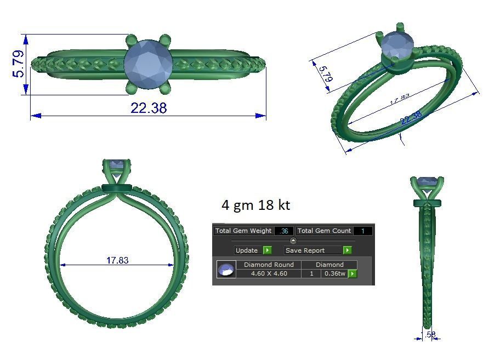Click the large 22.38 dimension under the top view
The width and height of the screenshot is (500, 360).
click(149, 108)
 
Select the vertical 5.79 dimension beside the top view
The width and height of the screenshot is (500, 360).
click(18, 64)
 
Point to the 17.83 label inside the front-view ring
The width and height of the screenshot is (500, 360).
click(117, 260)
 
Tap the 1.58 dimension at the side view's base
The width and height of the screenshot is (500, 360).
click(428, 334)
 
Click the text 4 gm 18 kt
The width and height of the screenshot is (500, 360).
click(255, 205)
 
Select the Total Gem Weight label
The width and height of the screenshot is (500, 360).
click(243, 231)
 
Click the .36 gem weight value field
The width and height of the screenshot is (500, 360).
click(284, 231)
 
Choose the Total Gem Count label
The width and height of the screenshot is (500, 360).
click(324, 231)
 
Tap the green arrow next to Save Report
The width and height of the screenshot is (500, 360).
click(347, 250)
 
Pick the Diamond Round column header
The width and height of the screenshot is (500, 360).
click(269, 265)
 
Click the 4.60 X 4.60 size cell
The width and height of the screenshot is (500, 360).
click(269, 273)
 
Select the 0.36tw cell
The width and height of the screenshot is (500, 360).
click(334, 273)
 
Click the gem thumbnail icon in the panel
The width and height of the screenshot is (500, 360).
click(226, 270)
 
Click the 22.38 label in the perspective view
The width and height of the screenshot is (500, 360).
click(411, 117)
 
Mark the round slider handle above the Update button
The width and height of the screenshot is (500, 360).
click(293, 241)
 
